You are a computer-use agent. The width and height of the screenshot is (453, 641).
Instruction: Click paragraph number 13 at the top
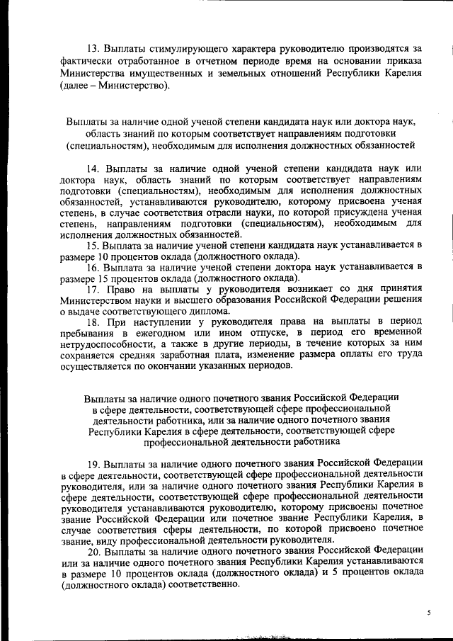(x=93, y=48)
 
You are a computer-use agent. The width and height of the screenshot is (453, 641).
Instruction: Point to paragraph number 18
(x=93, y=322)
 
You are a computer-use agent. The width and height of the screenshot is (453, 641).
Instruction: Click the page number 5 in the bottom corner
(x=428, y=611)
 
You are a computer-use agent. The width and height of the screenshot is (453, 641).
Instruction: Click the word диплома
(x=208, y=311)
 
